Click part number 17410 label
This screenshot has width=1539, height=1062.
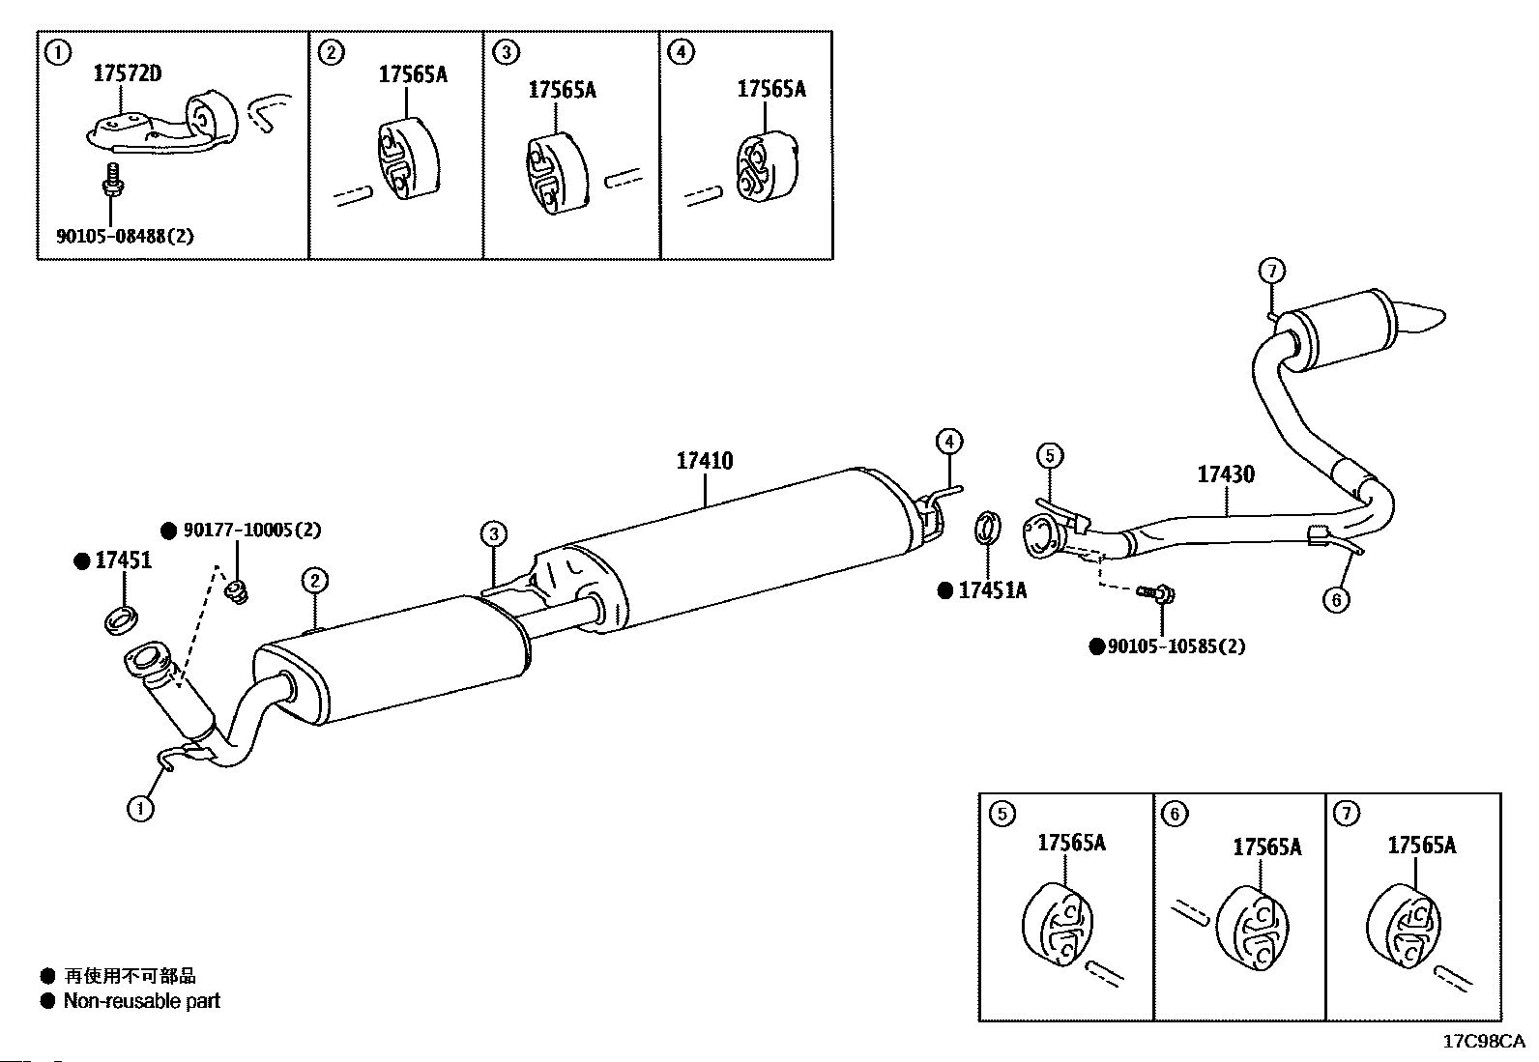[704, 460]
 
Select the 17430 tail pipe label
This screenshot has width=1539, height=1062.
[1226, 474]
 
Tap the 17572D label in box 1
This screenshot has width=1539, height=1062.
[127, 73]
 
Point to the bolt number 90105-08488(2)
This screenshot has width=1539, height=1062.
[125, 237]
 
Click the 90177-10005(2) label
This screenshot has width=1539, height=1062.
[252, 530]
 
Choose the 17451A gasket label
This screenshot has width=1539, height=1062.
[992, 590]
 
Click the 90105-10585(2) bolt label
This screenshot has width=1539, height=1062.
[1176, 646]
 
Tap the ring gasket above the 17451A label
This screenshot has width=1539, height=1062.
[988, 528]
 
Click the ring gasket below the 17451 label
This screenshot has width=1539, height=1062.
[121, 620]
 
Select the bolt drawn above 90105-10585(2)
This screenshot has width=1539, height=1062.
[1155, 593]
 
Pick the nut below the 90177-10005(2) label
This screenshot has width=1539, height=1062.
[238, 591]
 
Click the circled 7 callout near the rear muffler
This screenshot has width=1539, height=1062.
[1272, 270]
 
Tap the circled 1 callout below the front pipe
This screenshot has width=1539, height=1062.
[140, 808]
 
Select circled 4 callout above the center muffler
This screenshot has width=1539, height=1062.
[948, 441]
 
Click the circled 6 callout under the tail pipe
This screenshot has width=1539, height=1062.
[1336, 600]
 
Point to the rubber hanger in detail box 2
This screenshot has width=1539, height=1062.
[408, 158]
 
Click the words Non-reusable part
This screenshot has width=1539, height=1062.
[141, 1001]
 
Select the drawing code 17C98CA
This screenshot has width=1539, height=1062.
[1483, 1042]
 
